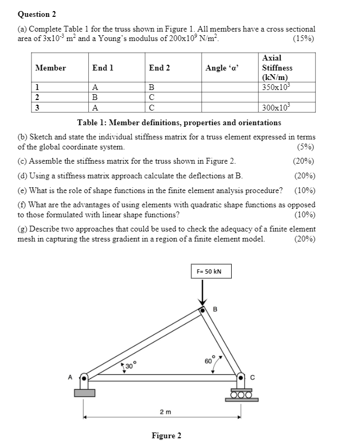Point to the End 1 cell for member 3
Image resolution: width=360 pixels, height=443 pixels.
tap(95, 107)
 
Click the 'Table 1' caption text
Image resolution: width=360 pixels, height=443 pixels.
tap(179, 123)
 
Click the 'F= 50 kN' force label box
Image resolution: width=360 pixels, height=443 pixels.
tap(210, 271)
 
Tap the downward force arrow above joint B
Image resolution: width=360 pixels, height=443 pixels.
tap(203, 293)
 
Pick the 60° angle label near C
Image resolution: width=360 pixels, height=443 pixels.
tap(209, 361)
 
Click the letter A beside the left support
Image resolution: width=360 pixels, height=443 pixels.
tap(69, 377)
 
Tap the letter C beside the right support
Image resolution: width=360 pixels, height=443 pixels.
tap(252, 377)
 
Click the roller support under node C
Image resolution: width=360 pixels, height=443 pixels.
tap(242, 395)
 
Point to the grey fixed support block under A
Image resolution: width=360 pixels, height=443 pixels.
tap(85, 392)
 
